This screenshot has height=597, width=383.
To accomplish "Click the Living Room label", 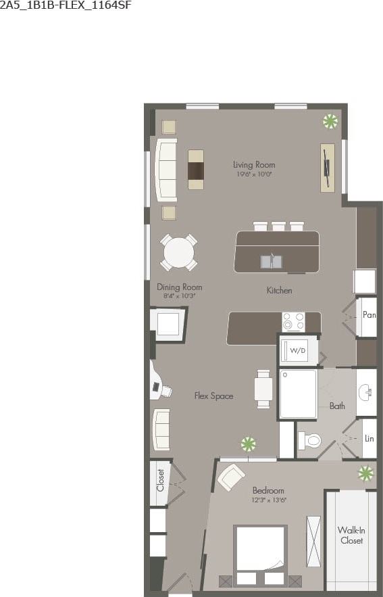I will click(x=254, y=164).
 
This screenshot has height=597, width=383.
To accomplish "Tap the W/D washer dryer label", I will click(x=297, y=351).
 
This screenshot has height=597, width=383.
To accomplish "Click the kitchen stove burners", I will click(x=292, y=321).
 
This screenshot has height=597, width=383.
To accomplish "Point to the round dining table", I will click(x=179, y=252).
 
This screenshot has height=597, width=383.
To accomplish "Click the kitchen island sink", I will click(x=272, y=260).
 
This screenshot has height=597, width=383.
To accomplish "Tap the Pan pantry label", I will click(x=369, y=314).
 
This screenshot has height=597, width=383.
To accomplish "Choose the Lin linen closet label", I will click(x=369, y=438).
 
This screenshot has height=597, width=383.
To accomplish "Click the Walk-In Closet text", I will click(x=351, y=535).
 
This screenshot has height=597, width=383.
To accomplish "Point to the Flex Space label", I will click(x=213, y=396).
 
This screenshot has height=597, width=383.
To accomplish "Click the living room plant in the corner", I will click(x=330, y=122).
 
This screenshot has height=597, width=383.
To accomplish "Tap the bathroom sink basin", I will click(x=367, y=393).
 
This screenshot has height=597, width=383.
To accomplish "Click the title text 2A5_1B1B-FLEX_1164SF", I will click(x=66, y=6).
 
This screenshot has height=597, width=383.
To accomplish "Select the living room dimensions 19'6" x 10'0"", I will click(x=254, y=174).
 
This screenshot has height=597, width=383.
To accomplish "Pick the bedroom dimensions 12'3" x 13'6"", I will click(x=267, y=500).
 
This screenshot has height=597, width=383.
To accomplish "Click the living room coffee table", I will click(x=195, y=169).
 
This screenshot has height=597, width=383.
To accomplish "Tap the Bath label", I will click(x=337, y=406).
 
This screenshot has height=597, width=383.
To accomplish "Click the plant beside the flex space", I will click(x=249, y=444).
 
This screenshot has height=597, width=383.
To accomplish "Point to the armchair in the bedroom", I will click(x=230, y=477).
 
